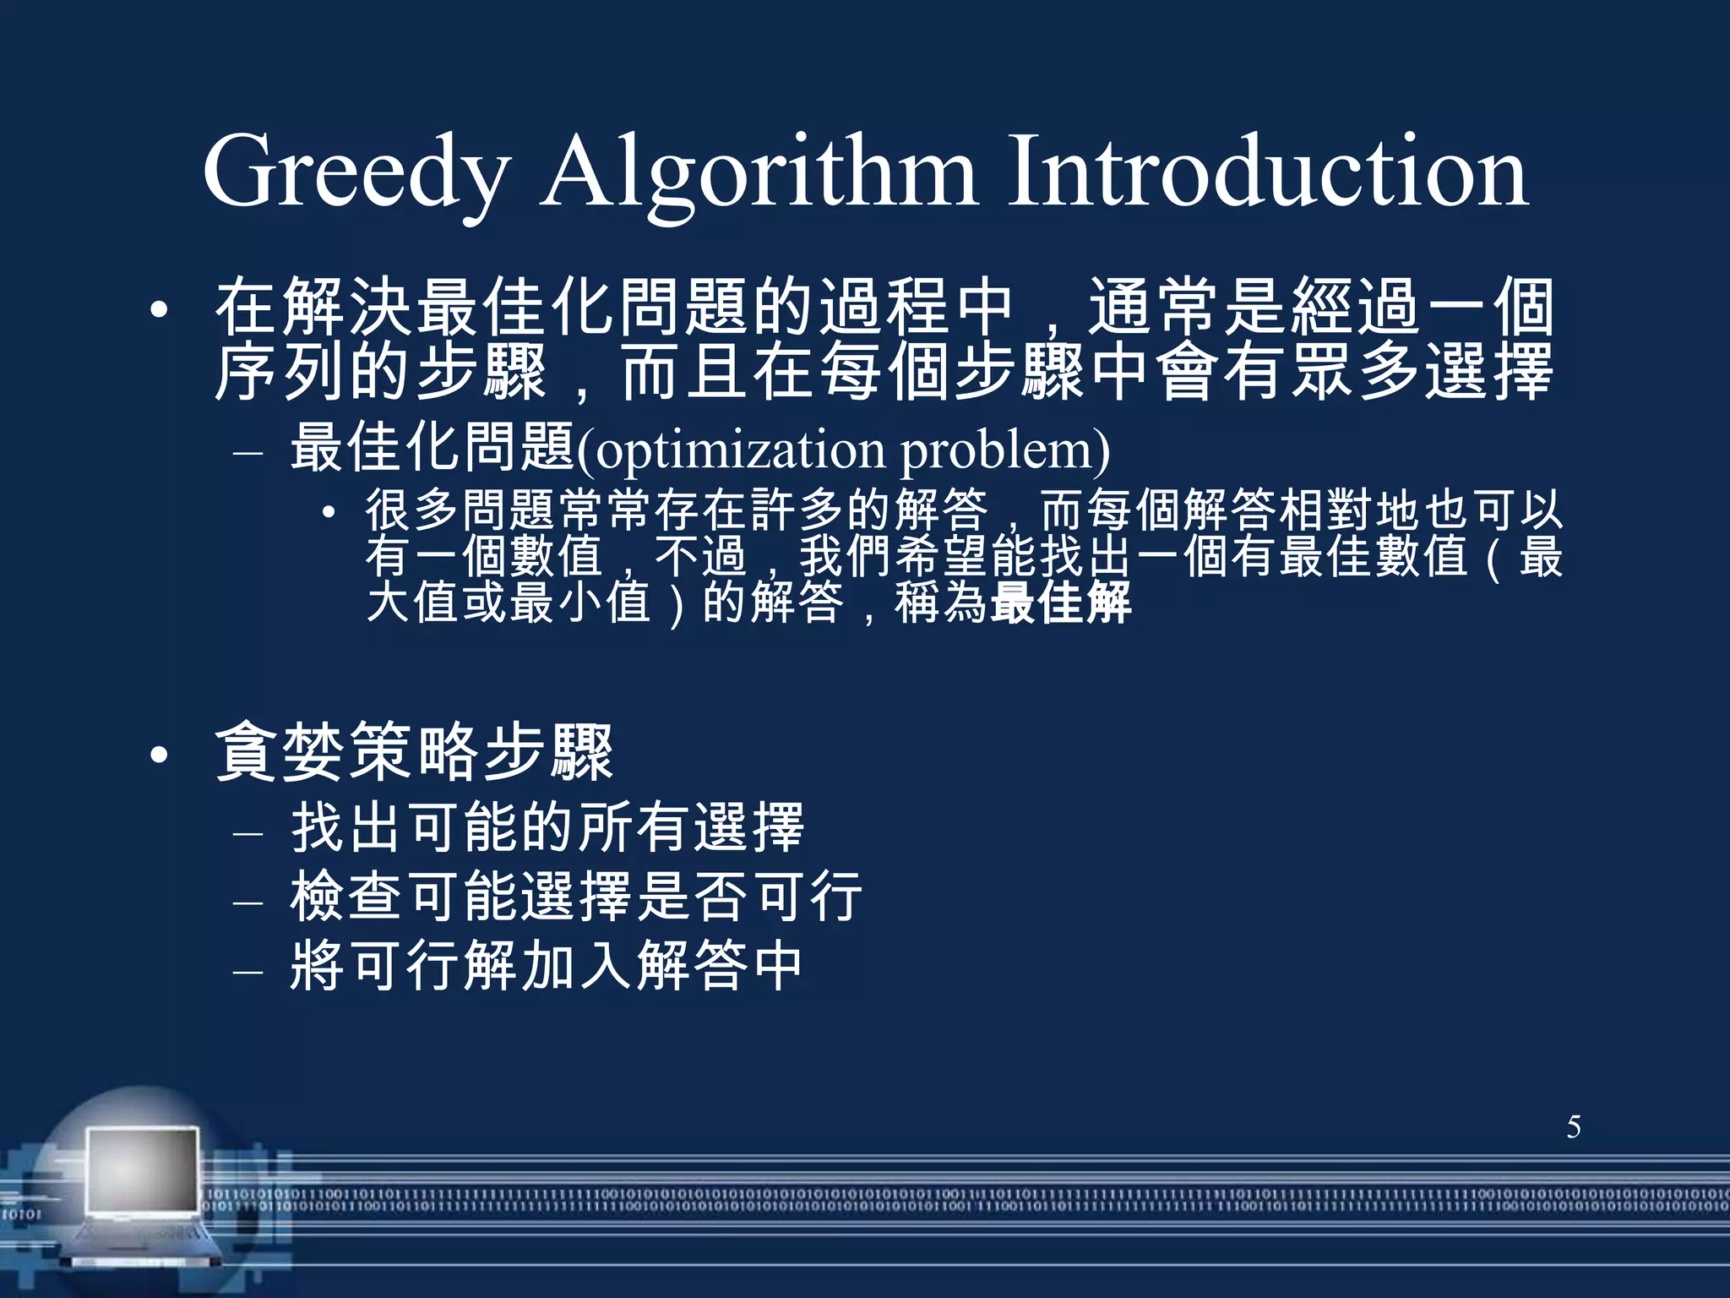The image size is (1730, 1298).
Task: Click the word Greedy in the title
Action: coord(355,173)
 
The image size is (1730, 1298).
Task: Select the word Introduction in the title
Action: coord(1267,173)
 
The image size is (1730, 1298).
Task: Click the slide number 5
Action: coord(1574,1127)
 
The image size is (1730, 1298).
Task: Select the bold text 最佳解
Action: coord(1061,603)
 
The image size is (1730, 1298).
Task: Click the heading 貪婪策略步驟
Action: coord(414,753)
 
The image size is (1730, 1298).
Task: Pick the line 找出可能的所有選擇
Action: coord(547,828)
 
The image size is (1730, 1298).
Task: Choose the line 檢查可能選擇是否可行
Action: coord(576,897)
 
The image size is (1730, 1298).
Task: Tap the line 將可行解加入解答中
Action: coord(546,966)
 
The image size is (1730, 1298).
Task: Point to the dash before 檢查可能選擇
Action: coord(248,902)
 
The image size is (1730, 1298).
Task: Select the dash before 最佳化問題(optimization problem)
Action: coord(248,454)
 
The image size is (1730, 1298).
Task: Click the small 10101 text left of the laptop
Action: coord(20,1214)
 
